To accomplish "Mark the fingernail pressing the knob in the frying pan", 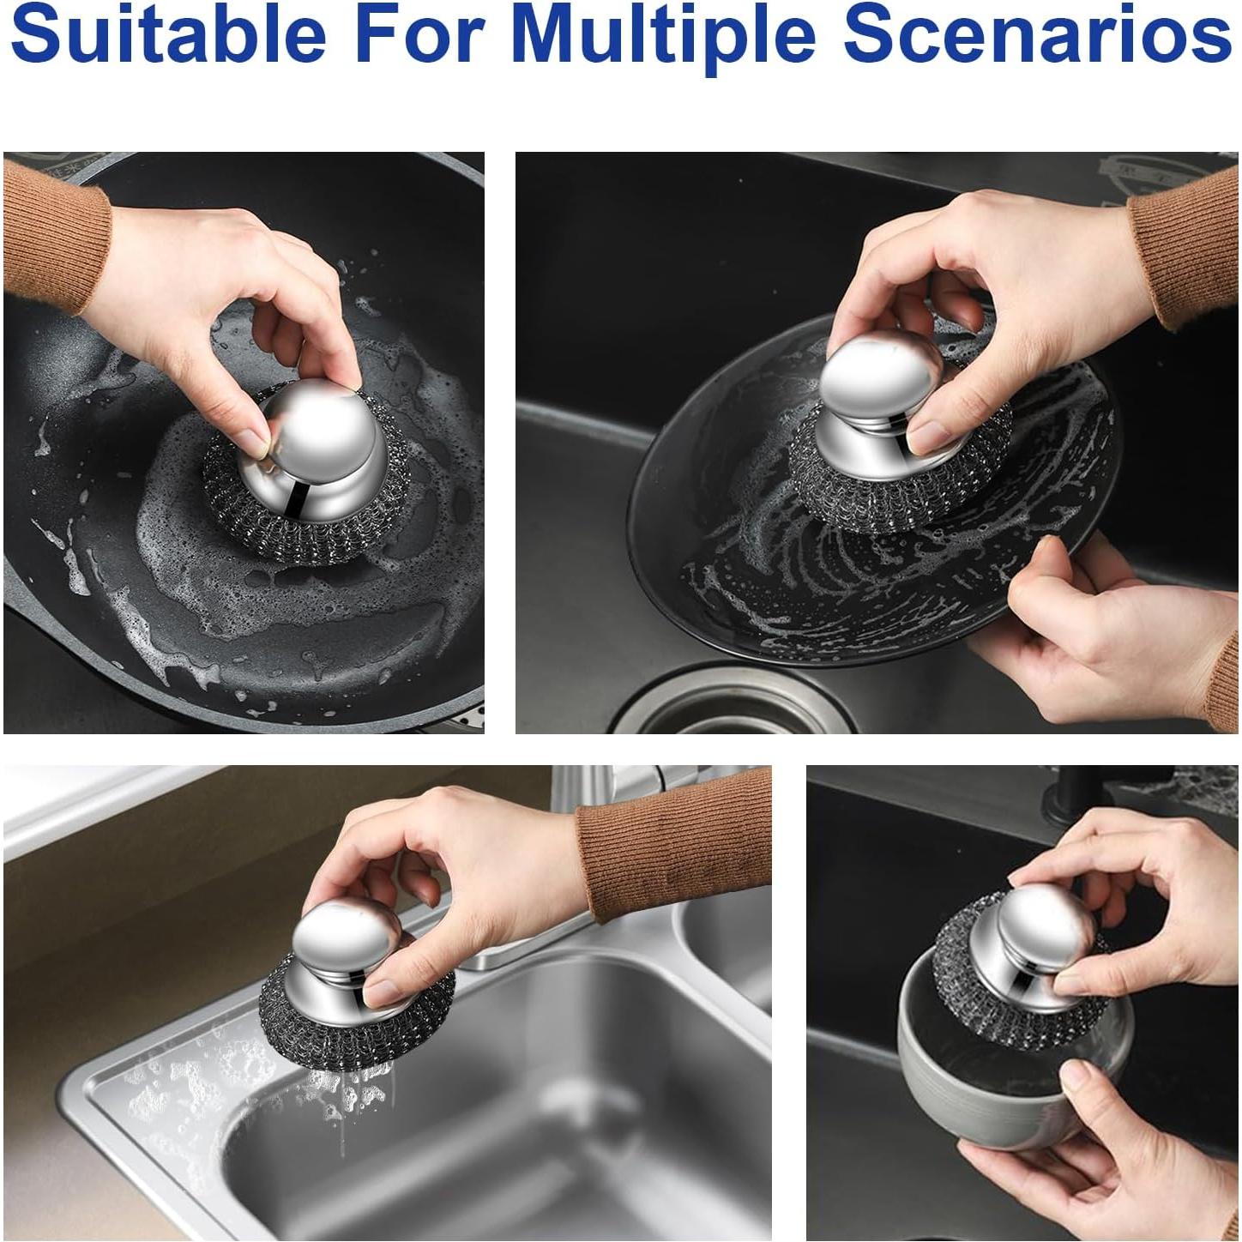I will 254,443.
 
